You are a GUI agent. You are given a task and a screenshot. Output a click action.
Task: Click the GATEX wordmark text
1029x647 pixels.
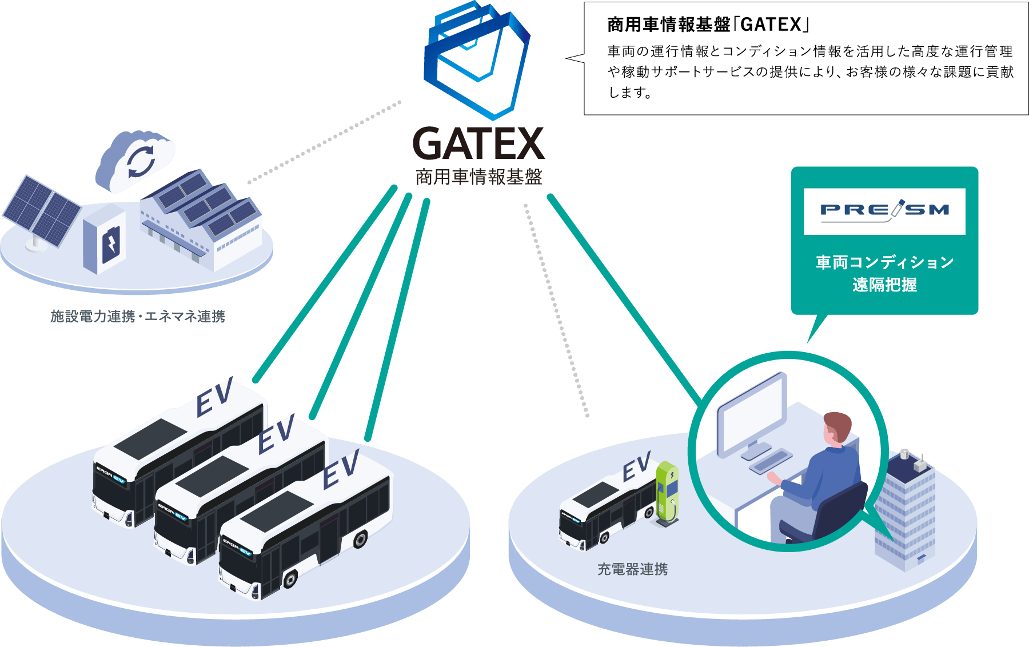[x=478, y=144]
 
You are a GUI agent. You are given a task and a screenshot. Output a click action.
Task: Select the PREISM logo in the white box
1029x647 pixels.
[x=884, y=211]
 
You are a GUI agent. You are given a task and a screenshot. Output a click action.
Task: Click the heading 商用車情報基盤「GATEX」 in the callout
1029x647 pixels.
[x=709, y=25]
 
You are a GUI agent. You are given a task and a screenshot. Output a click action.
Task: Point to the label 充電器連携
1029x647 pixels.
[x=632, y=569]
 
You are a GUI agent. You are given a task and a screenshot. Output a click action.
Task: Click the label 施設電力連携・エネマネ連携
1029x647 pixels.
[x=138, y=316]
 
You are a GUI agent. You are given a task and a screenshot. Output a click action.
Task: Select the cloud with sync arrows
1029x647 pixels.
[x=136, y=159]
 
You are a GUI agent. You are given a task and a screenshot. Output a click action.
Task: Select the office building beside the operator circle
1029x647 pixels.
[x=906, y=509]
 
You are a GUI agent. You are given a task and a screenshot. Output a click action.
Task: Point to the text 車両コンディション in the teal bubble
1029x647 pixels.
[x=884, y=262]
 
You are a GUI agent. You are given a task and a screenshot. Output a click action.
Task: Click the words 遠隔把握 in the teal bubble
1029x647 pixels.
[x=884, y=285]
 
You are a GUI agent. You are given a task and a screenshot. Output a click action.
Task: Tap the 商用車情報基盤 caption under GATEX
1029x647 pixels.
[x=478, y=177]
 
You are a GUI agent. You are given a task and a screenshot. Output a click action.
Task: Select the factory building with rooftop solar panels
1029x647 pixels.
[x=203, y=220]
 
